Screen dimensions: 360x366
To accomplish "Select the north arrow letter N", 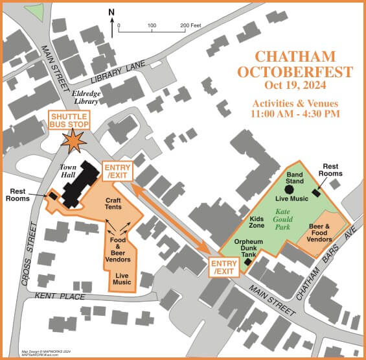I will [x=111, y=12].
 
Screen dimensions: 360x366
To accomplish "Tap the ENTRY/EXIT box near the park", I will [x=222, y=267].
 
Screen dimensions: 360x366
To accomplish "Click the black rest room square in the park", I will [x=316, y=192].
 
